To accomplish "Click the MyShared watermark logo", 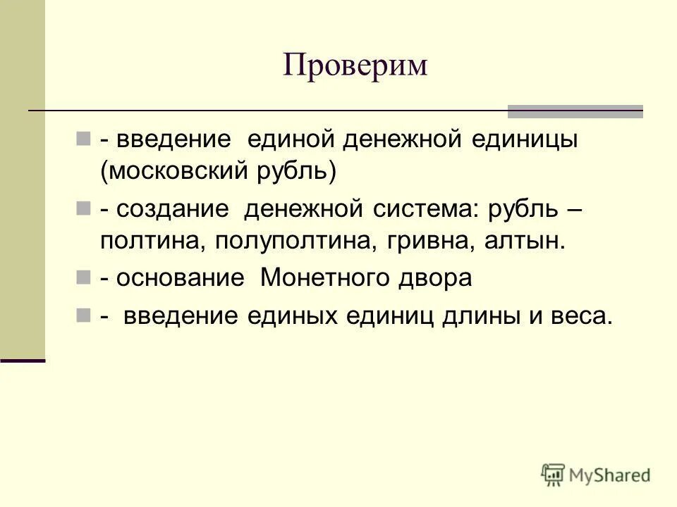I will click(x=596, y=475).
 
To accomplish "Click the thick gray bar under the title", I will click(x=575, y=111).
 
